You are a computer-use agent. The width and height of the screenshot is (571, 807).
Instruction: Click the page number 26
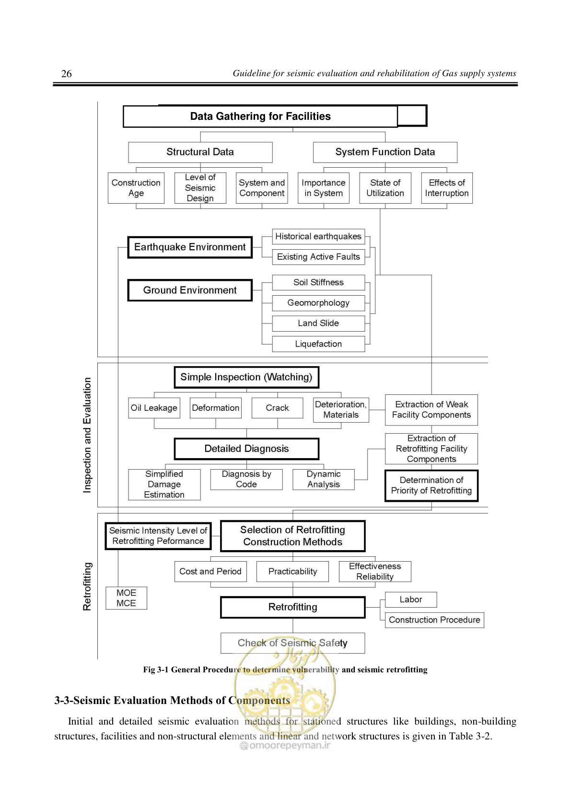click(x=66, y=74)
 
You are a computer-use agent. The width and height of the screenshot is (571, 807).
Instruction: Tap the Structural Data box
click(x=200, y=152)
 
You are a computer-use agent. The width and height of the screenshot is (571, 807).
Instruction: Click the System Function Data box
click(x=385, y=152)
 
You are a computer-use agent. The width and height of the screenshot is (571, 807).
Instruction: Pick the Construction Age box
click(x=136, y=188)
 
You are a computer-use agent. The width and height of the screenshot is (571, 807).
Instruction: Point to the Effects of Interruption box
click(x=447, y=188)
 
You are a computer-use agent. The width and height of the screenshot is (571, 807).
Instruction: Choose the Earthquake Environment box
click(x=190, y=247)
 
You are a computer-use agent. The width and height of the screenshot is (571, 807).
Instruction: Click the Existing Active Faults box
click(x=318, y=257)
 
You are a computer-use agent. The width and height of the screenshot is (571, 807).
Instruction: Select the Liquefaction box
click(x=318, y=344)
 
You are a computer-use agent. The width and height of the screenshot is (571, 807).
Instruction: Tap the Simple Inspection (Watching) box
click(x=246, y=377)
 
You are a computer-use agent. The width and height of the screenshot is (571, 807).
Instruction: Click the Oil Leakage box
click(x=154, y=408)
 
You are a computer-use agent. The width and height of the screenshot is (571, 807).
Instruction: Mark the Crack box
click(x=277, y=408)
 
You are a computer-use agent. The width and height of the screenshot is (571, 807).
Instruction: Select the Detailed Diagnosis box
click(x=246, y=449)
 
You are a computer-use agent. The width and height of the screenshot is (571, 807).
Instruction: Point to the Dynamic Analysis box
click(x=323, y=480)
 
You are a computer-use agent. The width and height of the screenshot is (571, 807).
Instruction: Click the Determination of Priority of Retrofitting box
click(x=431, y=485)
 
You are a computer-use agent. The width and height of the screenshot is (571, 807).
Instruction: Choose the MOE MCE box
click(x=126, y=598)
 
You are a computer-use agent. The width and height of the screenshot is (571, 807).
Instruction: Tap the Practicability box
click(x=293, y=571)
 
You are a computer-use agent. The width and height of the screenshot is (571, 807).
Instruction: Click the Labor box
click(x=411, y=599)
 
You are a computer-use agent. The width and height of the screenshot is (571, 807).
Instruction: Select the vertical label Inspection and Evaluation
click(x=87, y=435)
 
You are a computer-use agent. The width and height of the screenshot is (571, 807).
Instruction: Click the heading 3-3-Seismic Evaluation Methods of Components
click(x=172, y=700)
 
